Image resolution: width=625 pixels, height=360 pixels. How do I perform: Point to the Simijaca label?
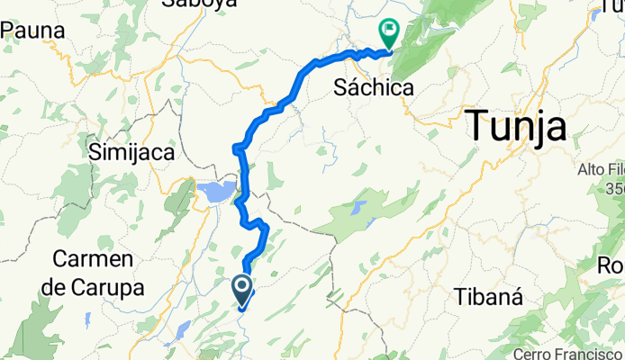(131, 153)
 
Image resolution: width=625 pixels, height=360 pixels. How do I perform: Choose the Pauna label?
(33, 31)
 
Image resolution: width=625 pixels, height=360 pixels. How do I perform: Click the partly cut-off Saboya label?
(199, 4)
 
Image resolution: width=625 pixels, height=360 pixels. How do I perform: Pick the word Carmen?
(94, 259)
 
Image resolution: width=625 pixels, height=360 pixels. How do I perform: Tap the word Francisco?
(589, 353)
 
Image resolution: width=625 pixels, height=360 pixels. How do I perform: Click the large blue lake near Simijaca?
(216, 192)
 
